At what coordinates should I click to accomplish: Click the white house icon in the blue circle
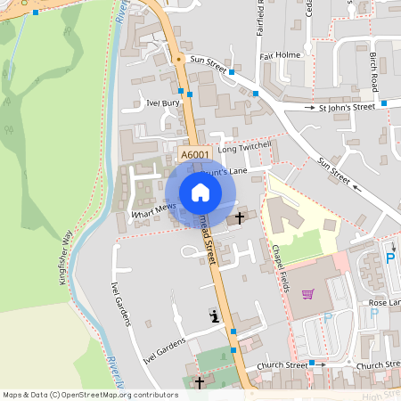(x=200, y=192)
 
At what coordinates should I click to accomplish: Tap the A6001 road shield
(x=195, y=155)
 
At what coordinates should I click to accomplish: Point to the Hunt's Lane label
(x=226, y=170)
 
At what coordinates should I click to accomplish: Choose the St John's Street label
(x=347, y=107)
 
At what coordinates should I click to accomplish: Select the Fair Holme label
(x=278, y=55)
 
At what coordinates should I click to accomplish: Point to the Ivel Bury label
(x=163, y=103)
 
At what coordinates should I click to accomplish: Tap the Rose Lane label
(x=385, y=303)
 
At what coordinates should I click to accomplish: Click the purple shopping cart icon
(x=308, y=294)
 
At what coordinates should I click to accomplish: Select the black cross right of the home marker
(x=239, y=217)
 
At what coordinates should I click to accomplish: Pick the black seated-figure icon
(x=214, y=315)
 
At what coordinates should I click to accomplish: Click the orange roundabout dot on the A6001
(x=178, y=60)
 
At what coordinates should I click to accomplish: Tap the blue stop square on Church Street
(x=312, y=363)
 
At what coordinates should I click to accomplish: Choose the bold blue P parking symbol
(x=389, y=259)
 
